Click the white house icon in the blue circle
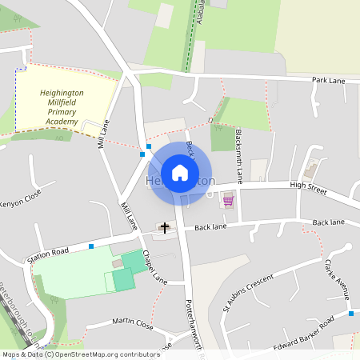(x=180, y=172)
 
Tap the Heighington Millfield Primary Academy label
(x=67, y=107)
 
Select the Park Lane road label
(x=328, y=81)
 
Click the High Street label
(x=309, y=186)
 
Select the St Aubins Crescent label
(x=248, y=294)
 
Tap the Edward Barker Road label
(x=302, y=334)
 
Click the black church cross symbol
(x=165, y=228)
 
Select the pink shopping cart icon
(x=228, y=200)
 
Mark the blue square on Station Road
(x=91, y=246)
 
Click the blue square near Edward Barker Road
(x=351, y=314)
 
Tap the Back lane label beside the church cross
(x=208, y=226)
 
